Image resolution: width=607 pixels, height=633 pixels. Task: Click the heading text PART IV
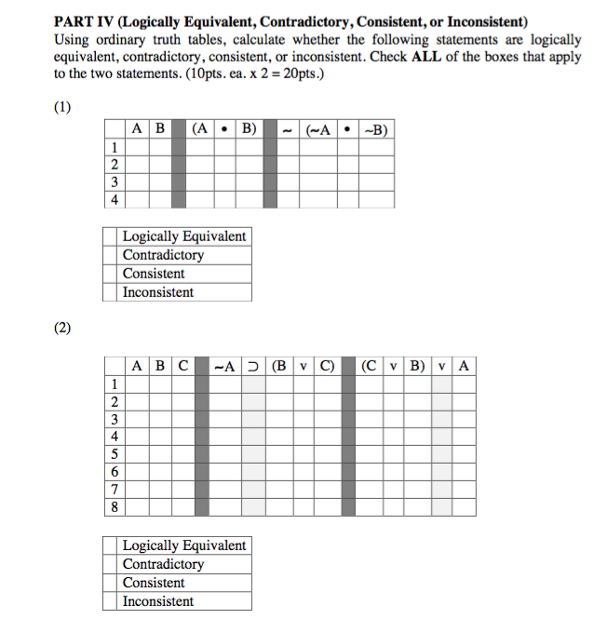pyautogui.click(x=85, y=21)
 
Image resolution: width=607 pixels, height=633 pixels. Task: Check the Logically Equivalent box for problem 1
pyautogui.click(x=111, y=236)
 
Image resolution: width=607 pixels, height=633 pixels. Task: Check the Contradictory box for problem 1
pyautogui.click(x=111, y=255)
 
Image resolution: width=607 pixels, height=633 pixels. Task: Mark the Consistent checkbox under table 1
pyautogui.click(x=111, y=274)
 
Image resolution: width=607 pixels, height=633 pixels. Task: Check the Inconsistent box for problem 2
pyautogui.click(x=111, y=601)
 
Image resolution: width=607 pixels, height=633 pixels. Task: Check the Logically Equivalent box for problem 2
pyautogui.click(x=111, y=545)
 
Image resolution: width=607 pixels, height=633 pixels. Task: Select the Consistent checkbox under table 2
pyautogui.click(x=111, y=583)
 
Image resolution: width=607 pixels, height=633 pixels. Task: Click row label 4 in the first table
pyautogui.click(x=114, y=199)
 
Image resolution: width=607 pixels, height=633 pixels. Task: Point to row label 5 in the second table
pyautogui.click(x=114, y=455)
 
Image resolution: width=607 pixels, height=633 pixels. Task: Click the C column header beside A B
pyautogui.click(x=182, y=366)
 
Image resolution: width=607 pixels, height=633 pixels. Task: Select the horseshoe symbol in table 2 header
pyautogui.click(x=254, y=366)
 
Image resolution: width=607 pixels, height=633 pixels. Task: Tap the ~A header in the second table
pyautogui.click(x=224, y=366)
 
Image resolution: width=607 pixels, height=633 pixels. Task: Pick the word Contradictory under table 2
pyautogui.click(x=163, y=564)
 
